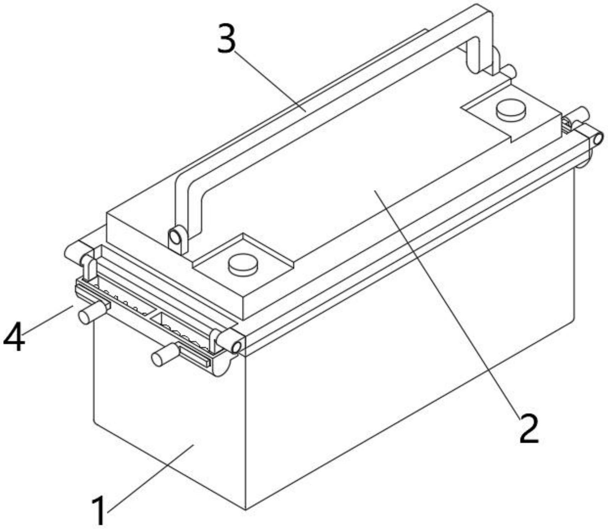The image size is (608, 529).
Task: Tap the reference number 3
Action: [x=227, y=39]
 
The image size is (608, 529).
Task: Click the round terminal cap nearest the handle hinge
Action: [x=243, y=265]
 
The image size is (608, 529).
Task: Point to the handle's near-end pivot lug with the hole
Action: [x=177, y=239]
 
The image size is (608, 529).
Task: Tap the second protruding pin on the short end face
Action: [x=165, y=354]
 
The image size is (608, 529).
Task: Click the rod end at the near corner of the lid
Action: [x=231, y=342]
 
